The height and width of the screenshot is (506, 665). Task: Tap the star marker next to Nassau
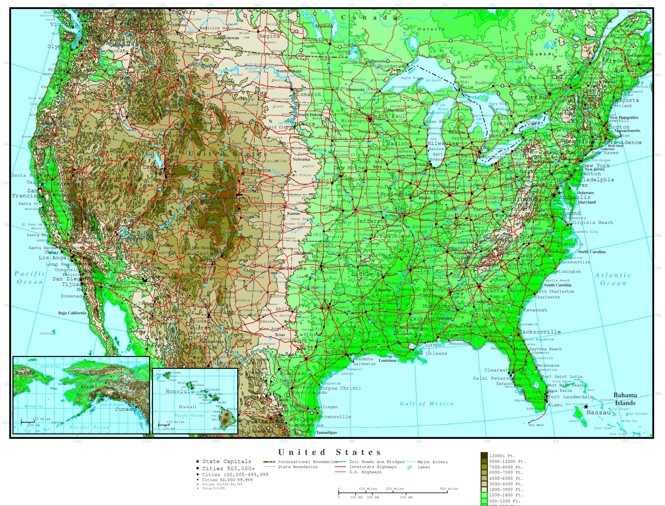(x=586, y=407)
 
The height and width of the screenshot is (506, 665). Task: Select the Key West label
(x=536, y=425)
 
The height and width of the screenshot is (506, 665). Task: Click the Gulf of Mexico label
(x=427, y=404)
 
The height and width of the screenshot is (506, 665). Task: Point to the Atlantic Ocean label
(x=613, y=279)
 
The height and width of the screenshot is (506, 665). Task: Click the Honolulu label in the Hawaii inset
(x=180, y=391)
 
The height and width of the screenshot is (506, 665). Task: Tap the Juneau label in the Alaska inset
(x=124, y=409)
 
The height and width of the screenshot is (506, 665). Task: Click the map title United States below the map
(x=329, y=452)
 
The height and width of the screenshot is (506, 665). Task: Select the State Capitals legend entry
(x=227, y=461)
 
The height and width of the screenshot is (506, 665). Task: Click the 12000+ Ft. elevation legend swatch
(x=484, y=456)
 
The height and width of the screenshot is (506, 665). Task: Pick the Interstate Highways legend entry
(x=373, y=467)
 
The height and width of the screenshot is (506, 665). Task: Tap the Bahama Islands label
(x=625, y=399)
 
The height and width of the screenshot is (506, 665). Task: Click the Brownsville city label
(x=334, y=417)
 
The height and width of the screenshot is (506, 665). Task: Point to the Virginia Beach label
(x=592, y=223)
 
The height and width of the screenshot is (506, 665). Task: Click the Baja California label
(x=72, y=313)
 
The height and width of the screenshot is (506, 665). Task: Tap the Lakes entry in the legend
(x=424, y=467)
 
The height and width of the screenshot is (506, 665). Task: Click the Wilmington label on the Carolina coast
(x=568, y=271)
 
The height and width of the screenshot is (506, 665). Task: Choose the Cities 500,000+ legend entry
(x=228, y=468)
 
